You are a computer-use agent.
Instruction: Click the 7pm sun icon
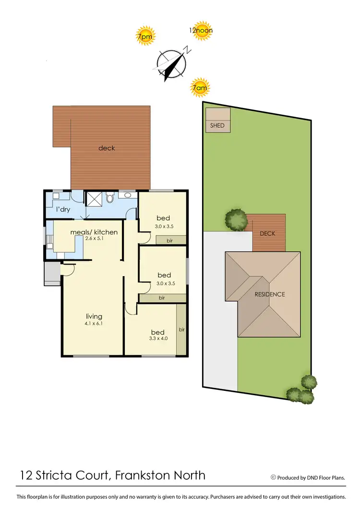click(145, 36)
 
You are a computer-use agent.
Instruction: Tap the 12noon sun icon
click(201, 30)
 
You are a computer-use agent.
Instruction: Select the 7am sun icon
click(200, 88)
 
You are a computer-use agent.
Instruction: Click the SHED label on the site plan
click(217, 126)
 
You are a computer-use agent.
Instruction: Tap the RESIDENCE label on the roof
click(269, 294)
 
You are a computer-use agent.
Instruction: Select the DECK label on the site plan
click(267, 233)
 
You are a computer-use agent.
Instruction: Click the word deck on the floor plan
click(107, 148)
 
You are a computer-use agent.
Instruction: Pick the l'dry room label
click(64, 210)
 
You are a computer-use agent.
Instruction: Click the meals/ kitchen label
click(94, 232)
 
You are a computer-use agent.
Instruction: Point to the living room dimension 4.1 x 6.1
click(94, 323)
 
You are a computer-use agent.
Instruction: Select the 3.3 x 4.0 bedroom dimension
click(157, 339)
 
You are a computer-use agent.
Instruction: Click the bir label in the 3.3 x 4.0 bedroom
click(181, 330)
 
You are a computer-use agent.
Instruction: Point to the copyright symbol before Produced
click(273, 477)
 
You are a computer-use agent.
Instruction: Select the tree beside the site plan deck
click(237, 220)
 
